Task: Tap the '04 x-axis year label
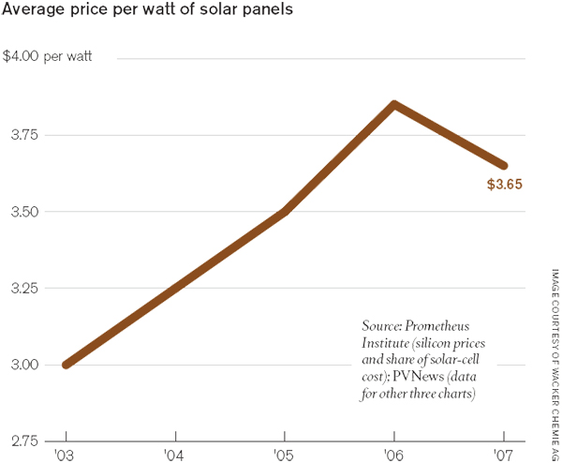point(175,455)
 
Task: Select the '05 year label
point(285,455)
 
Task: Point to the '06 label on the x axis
point(394,455)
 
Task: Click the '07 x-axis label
point(504,455)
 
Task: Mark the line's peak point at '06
point(394,104)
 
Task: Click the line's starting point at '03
point(66,365)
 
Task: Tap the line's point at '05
point(285,212)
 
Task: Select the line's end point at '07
point(504,165)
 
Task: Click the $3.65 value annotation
point(504,185)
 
